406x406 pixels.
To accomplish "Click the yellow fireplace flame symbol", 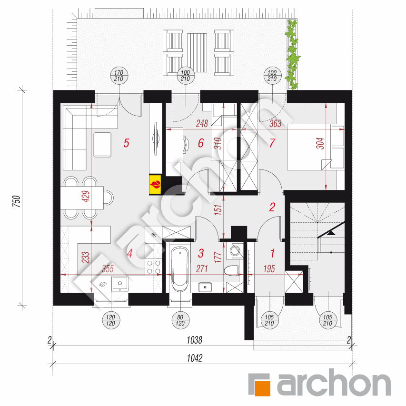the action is pos(155,185).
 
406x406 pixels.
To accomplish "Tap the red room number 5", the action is pos(126,143).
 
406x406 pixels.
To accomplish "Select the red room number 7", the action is pos(272,143).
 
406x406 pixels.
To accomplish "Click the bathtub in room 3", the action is pos(180,269).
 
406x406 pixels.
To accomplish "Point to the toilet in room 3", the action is pos(232,270).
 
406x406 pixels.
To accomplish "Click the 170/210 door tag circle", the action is pos(119,76).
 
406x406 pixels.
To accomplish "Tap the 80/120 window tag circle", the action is pos(180,320).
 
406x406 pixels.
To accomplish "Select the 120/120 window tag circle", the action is pos(111,320).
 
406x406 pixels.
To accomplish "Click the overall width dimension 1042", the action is pos(195,358).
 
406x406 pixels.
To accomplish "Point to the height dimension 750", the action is pos(16,201).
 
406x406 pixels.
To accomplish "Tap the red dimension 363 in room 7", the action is pos(275,123).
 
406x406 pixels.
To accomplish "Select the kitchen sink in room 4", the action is pos(119,284).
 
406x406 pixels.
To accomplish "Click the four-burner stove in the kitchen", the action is pos(154,267).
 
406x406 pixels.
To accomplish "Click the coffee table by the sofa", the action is pos(102,145).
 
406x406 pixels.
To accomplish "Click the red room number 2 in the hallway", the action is pos(272,207).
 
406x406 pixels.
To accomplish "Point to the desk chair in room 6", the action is pos(186,143).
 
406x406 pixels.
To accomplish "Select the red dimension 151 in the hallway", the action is pos(218,210).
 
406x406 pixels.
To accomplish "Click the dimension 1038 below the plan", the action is pos(195,340).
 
